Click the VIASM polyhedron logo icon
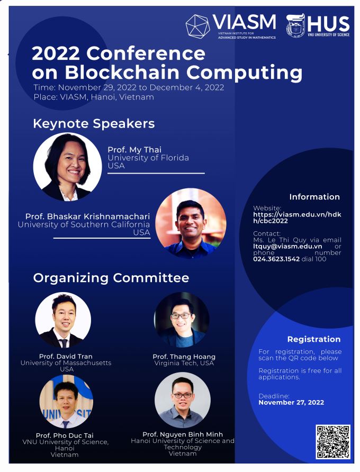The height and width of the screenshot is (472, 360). (x=197, y=26)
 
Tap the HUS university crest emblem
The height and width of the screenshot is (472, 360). (x=295, y=25)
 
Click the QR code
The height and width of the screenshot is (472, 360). (x=333, y=442)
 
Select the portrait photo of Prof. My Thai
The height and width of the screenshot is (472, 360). (x=67, y=167)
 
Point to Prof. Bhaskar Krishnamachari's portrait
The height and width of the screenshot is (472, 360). (x=191, y=223)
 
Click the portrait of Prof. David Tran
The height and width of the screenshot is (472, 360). (x=63, y=320)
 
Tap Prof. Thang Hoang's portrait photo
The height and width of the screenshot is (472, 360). (x=182, y=320)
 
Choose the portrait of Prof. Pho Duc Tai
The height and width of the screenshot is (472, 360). (x=66, y=401)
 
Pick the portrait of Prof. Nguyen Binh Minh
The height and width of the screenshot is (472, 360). (x=183, y=400)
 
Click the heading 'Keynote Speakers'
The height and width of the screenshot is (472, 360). (x=94, y=124)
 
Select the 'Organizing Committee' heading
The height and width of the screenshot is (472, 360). (x=111, y=278)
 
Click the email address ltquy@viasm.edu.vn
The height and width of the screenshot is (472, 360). (x=287, y=246)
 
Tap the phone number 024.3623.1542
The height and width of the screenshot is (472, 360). (x=276, y=259)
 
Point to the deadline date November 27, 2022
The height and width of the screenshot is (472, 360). (x=291, y=403)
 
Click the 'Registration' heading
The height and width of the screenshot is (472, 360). (x=314, y=339)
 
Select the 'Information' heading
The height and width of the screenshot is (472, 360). (x=314, y=197)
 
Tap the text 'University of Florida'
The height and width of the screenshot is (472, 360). (x=148, y=158)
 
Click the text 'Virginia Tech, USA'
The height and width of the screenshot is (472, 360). (x=184, y=363)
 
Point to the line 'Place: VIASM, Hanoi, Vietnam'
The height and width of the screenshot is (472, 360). (x=94, y=97)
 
